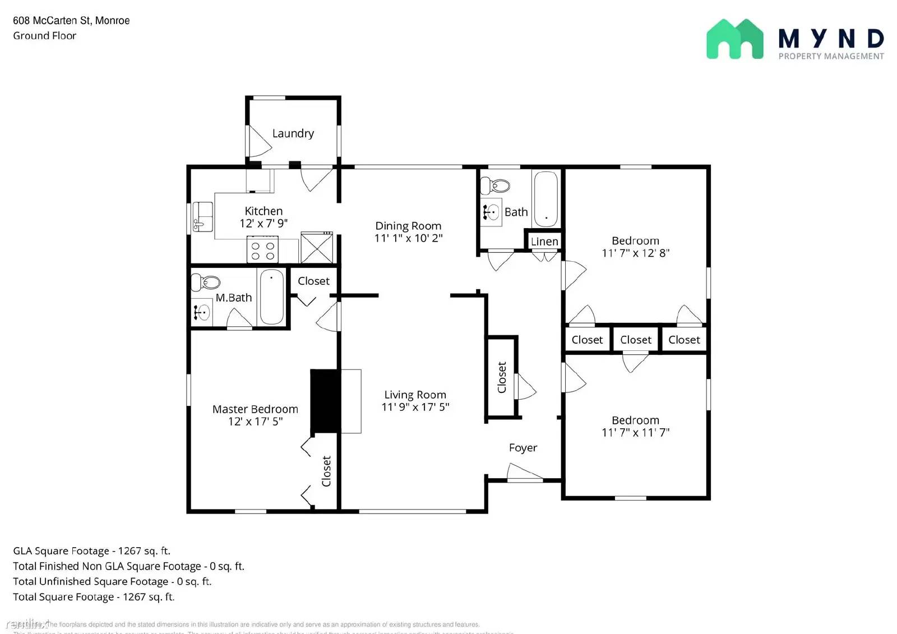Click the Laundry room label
(x=293, y=133)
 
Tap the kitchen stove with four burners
(x=262, y=250)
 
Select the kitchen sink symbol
(x=202, y=216)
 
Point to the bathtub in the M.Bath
(x=272, y=297)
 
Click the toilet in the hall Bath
(x=496, y=185)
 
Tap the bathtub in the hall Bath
(x=545, y=198)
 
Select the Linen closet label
(x=544, y=241)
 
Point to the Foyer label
(x=523, y=447)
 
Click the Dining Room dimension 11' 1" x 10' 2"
(x=408, y=238)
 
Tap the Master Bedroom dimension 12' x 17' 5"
(x=255, y=422)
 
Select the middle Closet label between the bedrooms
(x=635, y=340)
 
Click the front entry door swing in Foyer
(x=524, y=473)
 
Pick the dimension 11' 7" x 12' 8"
(x=635, y=253)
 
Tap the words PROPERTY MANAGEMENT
(x=831, y=56)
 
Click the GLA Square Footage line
(x=92, y=551)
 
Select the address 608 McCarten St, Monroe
(x=71, y=21)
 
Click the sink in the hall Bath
(x=492, y=212)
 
